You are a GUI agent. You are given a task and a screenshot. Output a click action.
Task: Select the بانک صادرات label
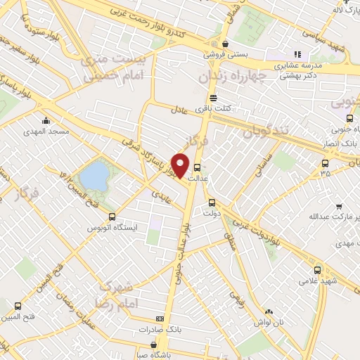(146, 329)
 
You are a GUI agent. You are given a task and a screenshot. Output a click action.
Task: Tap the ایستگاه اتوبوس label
(114, 229)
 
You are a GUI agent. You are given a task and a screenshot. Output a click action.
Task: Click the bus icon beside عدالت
(197, 168)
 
